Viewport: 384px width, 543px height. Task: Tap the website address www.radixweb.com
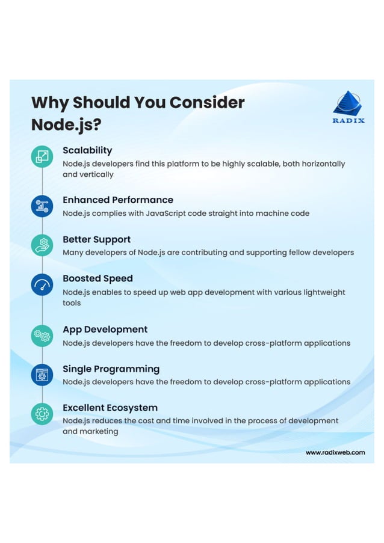[335, 452]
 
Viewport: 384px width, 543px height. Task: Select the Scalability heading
[87, 150]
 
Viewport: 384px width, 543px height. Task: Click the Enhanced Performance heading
[118, 200]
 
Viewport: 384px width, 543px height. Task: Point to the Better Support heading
[96, 239]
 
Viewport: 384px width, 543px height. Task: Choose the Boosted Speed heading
[98, 278]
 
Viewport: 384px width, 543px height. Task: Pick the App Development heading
[105, 330]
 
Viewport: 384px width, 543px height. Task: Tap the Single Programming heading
[111, 369]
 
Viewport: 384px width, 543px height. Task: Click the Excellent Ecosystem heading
[110, 408]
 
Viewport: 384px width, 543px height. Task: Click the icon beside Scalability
[42, 157]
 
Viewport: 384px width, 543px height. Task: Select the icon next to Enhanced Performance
[42, 206]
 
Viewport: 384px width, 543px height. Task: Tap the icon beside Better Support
[42, 245]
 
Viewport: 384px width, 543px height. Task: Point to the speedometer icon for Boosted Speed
[42, 284]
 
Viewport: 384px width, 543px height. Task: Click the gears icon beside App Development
[42, 336]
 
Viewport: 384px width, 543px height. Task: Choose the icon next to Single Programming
[42, 375]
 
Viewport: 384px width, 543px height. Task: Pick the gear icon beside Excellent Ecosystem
[42, 414]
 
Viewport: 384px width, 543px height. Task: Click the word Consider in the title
[207, 102]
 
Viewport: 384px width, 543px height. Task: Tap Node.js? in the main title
[66, 125]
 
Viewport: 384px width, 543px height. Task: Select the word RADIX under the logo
[348, 120]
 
